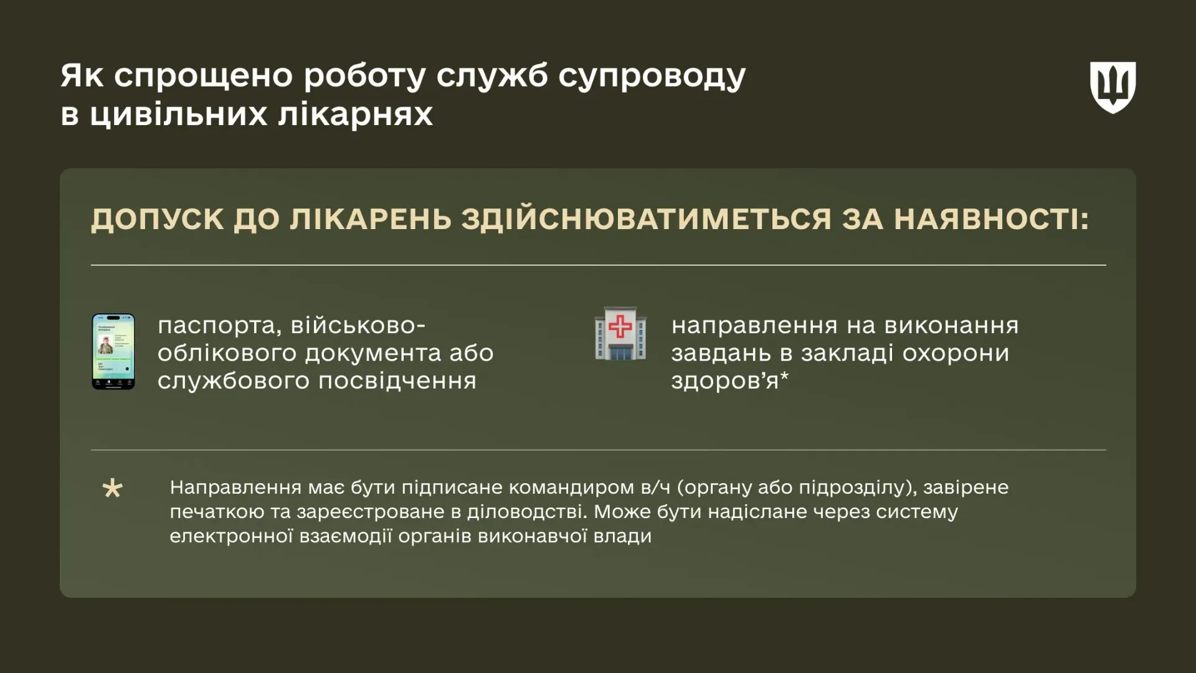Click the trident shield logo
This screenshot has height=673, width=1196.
(x=1113, y=87)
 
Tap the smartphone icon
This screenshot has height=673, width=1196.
(x=113, y=352)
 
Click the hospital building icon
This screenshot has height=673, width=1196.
(x=620, y=334)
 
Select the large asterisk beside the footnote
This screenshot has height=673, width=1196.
(x=113, y=489)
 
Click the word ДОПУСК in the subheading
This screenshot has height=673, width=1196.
(x=158, y=219)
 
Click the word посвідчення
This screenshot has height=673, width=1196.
(x=397, y=380)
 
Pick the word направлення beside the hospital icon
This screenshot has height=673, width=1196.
(x=754, y=326)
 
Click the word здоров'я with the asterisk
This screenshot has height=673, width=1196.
(x=729, y=380)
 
